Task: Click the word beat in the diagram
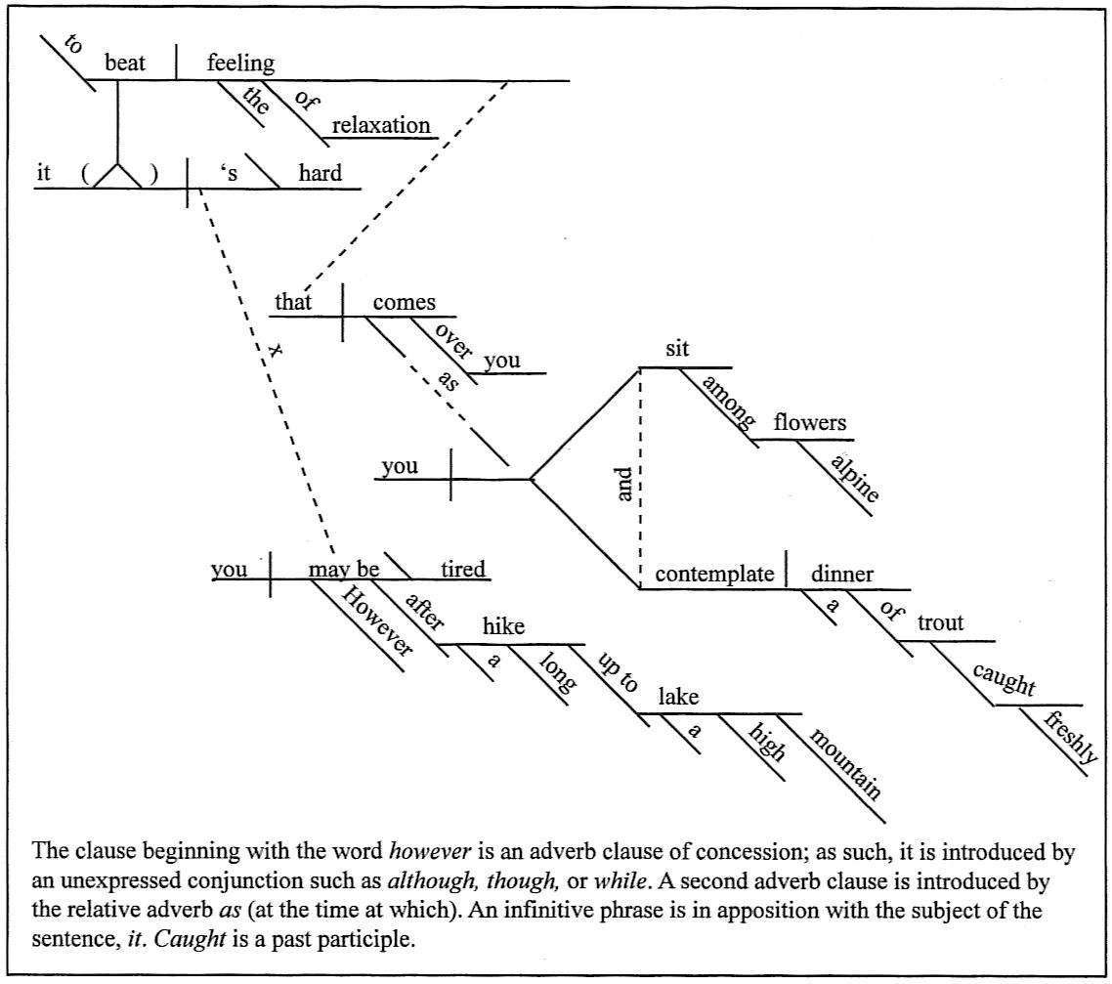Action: (x=125, y=64)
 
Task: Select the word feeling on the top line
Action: (x=240, y=64)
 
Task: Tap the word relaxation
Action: (x=380, y=125)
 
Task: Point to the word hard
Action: (x=320, y=174)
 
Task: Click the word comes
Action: (x=404, y=302)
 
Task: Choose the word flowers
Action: (x=809, y=423)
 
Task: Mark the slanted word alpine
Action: (x=852, y=477)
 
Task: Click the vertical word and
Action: (x=625, y=485)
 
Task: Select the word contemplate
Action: (x=713, y=574)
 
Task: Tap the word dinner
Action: (x=841, y=574)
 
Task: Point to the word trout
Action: (x=940, y=623)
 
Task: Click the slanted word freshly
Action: (x=1071, y=738)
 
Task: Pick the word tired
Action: (x=463, y=569)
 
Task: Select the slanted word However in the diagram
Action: (x=377, y=620)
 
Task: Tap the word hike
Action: (x=503, y=627)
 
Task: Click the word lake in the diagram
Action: (x=677, y=697)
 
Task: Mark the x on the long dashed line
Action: (x=275, y=348)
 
